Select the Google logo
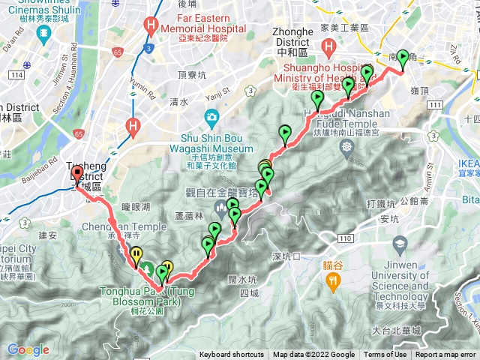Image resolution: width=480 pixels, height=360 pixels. [28, 349]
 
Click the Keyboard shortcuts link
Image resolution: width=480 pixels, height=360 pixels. [231, 355]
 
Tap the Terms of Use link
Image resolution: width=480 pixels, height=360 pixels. [385, 355]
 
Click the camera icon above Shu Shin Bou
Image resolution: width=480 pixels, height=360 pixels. [212, 117]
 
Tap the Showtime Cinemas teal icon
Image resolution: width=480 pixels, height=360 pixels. [42, 33]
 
